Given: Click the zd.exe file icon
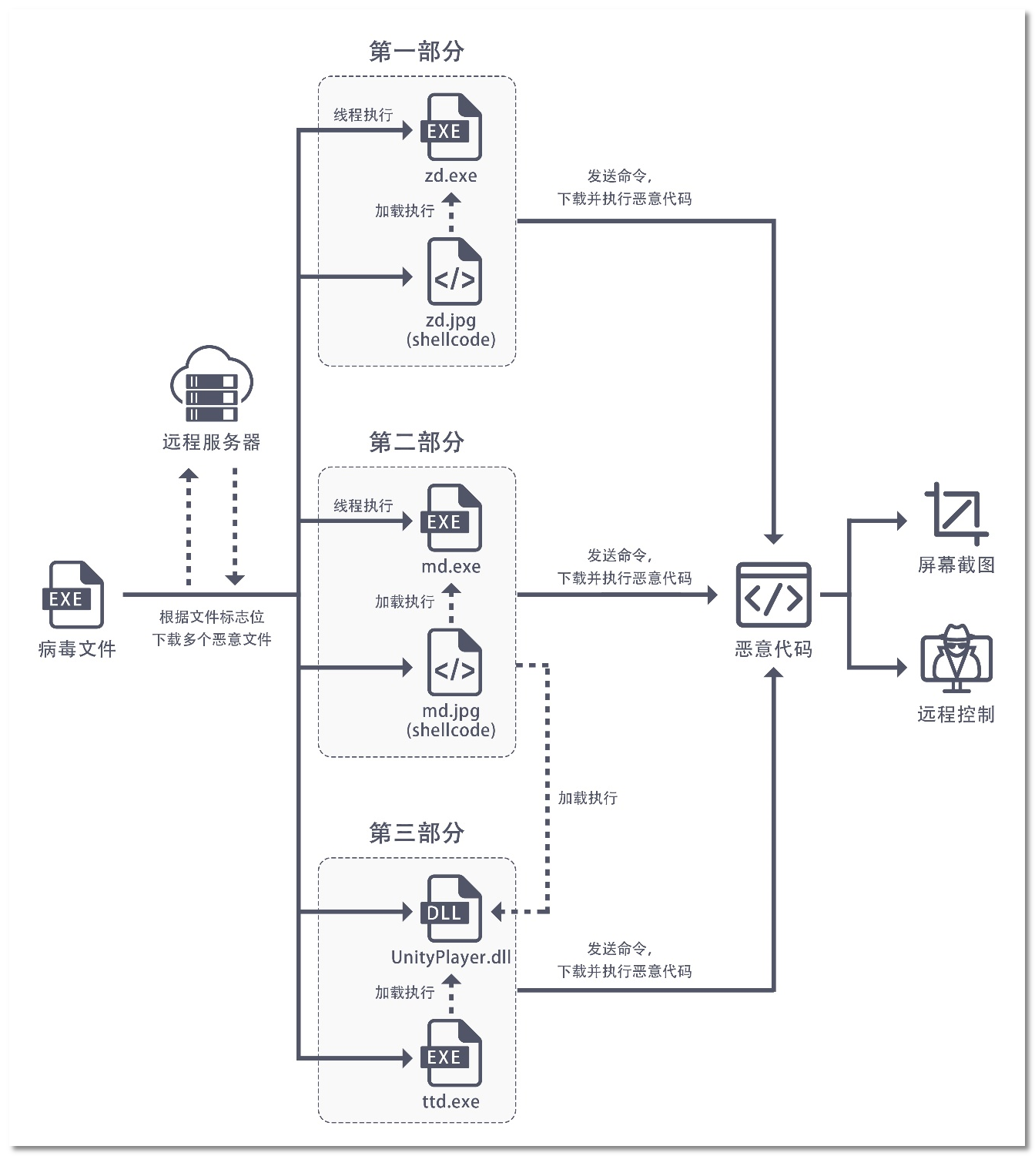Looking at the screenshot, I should [452, 127].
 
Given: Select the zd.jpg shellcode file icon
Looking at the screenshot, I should [454, 272].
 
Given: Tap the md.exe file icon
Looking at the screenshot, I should [452, 518].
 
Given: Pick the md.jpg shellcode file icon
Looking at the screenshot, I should [454, 662].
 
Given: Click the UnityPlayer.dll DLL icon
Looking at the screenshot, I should [452, 909].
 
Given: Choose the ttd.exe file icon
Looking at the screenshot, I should [452, 1053].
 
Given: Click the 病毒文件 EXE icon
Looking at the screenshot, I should [73, 595].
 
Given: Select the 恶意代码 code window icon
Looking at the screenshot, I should [773, 595].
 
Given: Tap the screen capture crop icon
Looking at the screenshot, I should [956, 514].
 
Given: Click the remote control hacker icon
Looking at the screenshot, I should [956, 660].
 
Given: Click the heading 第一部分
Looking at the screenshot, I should [416, 52].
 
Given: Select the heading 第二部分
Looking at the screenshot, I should [416, 442].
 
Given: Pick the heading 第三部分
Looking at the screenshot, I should [416, 833].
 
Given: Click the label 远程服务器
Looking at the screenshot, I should [211, 442].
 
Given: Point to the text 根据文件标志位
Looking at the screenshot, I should [211, 617].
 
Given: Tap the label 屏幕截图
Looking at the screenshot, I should [956, 565].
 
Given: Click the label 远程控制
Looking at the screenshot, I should [956, 714].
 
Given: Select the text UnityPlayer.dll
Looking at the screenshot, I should [451, 957].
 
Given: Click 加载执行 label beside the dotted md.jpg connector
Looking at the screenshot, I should [588, 798].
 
